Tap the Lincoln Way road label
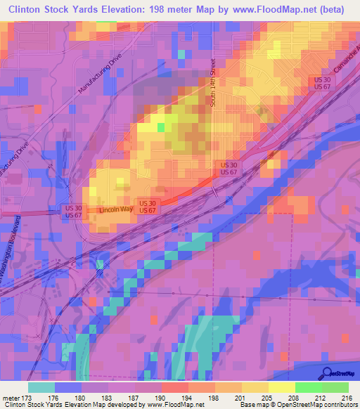(x=115, y=210)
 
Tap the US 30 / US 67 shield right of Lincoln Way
(x=146, y=207)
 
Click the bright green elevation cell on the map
(x=161, y=127)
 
